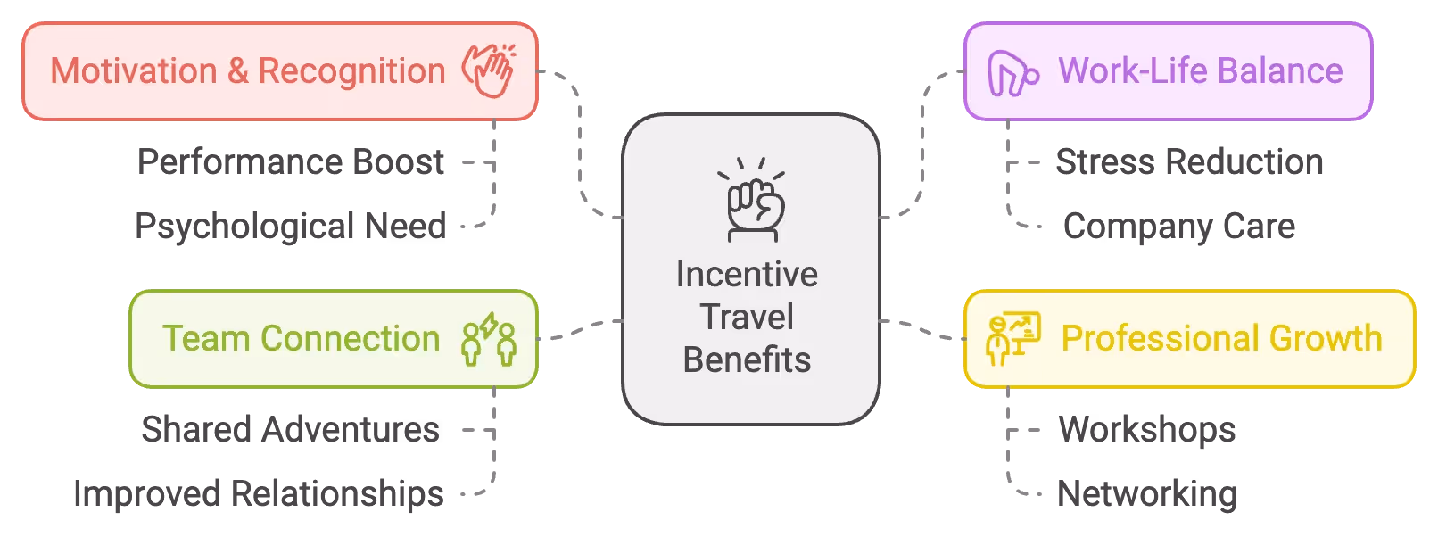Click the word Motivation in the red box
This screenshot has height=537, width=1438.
134,71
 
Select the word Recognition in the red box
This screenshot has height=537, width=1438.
351,71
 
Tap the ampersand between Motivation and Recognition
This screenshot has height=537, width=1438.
237,71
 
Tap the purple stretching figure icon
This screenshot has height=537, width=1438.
1012,73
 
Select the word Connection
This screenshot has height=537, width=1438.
350,339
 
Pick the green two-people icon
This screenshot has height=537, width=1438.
489,339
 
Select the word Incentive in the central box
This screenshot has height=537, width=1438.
747,275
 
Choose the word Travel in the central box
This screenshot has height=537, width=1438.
747,318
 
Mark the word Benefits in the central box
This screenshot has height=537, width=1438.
747,360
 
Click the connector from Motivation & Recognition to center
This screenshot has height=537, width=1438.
582,143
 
